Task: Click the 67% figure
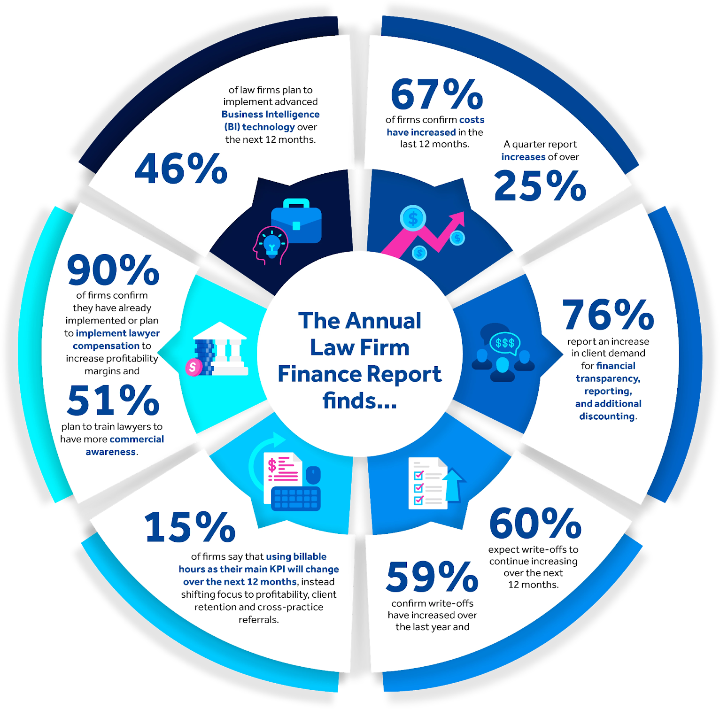pos(437,94)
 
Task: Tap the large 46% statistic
pos(181,169)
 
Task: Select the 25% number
pos(540,186)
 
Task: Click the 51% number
pos(113,401)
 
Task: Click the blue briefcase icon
pos(296,222)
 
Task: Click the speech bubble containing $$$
pos(505,343)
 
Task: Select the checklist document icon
pos(428,483)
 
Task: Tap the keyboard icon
pos(296,498)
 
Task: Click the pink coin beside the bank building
pos(193,367)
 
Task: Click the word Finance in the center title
pos(320,374)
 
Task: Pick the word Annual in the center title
pos(383,321)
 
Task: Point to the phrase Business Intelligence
pos(270,114)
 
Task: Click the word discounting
pos(607,416)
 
